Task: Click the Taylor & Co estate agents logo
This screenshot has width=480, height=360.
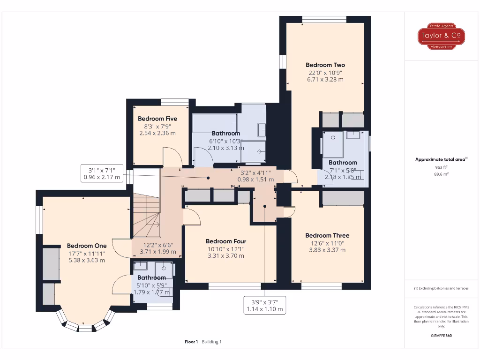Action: click(441, 36)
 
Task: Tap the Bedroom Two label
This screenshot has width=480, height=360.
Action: click(325, 65)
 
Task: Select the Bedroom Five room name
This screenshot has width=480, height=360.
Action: click(157, 119)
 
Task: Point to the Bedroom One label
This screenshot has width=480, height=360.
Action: click(87, 246)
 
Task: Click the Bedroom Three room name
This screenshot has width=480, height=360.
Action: click(327, 235)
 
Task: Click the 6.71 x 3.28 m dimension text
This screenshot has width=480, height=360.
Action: click(325, 80)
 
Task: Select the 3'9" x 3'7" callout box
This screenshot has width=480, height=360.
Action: click(265, 306)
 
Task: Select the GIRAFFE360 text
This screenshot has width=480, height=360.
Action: click(441, 336)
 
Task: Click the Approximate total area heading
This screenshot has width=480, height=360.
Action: click(441, 159)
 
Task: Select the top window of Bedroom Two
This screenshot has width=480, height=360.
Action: click(324, 19)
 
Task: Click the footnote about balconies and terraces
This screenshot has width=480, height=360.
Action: click(441, 288)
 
